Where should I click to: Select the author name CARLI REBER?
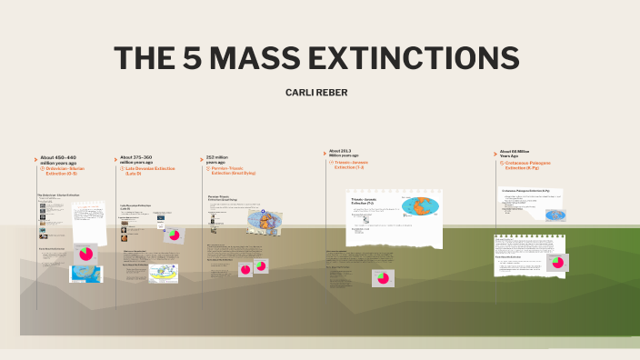click(x=318, y=92)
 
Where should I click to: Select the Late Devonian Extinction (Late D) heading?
click(x=151, y=170)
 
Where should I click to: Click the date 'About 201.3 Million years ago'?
click(x=345, y=154)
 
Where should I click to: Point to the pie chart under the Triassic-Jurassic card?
click(x=383, y=277)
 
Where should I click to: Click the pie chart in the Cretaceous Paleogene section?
click(x=556, y=263)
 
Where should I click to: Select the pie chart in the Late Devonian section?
click(x=174, y=235)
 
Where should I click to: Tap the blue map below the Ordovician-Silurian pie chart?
click(x=85, y=274)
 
